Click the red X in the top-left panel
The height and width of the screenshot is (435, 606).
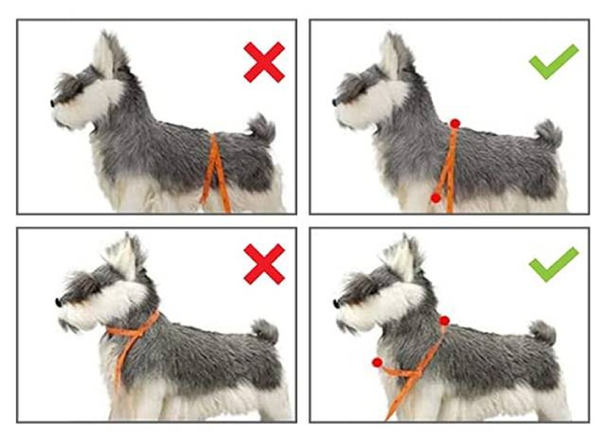pos(264,62)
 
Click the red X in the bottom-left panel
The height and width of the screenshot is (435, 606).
pos(264,264)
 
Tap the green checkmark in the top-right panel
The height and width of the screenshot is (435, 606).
pos(553,62)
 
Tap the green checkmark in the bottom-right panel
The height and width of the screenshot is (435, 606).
pos(553,264)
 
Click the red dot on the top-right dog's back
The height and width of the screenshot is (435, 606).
pos(455,123)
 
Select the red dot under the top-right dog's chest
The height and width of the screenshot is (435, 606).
pos(435,198)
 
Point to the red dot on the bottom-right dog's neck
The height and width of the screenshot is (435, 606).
pos(444,320)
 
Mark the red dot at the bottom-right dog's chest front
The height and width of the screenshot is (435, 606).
pos(377,362)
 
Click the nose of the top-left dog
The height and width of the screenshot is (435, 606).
pos(53,103)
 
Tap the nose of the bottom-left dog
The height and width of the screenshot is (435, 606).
pos(59,303)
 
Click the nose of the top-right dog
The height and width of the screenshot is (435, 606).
pos(334,103)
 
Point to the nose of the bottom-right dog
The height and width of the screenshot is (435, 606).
pos(336,303)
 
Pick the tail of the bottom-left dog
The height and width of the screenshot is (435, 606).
pos(265,331)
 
